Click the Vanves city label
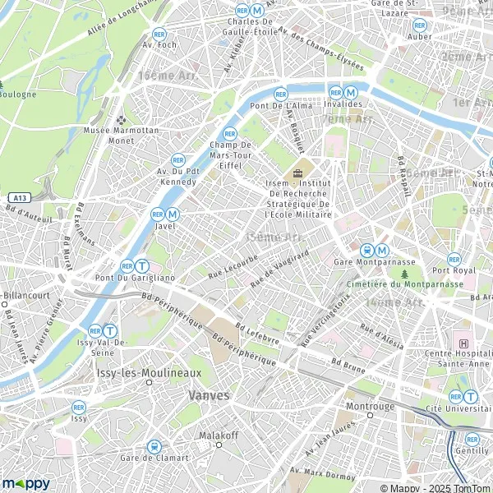pyautogui.click(x=209, y=394)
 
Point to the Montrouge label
pyautogui.click(x=371, y=406)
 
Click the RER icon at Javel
pyautogui.click(x=157, y=214)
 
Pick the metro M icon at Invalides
pyautogui.click(x=351, y=93)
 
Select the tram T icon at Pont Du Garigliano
pyautogui.click(x=142, y=266)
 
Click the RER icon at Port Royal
pyautogui.click(x=454, y=258)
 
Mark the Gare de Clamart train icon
pyautogui.click(x=153, y=446)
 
